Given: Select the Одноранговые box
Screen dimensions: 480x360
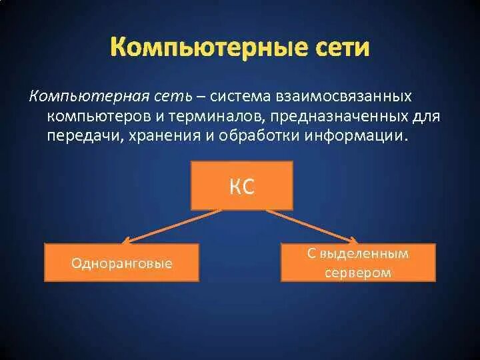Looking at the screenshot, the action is coord(121,263).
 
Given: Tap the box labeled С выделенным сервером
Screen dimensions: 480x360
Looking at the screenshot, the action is coord(358,262).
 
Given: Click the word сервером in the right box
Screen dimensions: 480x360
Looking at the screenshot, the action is coord(358,273).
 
